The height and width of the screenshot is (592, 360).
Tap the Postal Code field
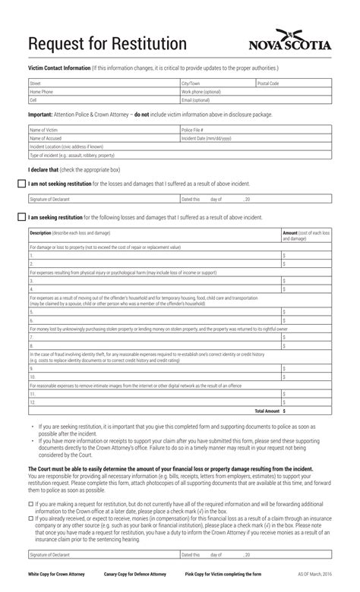(x=293, y=83)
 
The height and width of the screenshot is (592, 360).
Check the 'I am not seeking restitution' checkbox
(x=22, y=183)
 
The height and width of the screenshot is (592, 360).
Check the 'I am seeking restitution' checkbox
(x=22, y=217)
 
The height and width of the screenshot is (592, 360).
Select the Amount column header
(x=305, y=235)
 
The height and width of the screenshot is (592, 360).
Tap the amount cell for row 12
(x=305, y=402)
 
